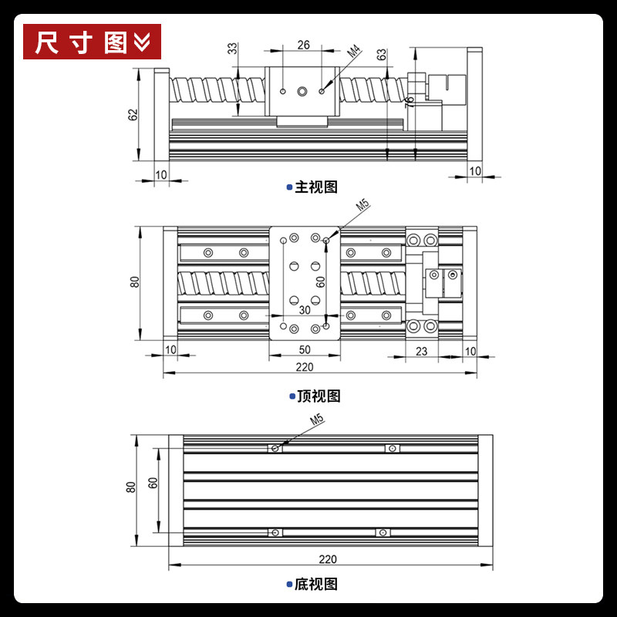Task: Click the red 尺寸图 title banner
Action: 92,42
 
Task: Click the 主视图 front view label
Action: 316,187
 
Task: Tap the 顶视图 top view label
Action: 319,396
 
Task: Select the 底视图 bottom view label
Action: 316,585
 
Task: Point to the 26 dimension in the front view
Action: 303,45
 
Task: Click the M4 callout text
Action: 353,52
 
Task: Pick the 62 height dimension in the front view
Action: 133,114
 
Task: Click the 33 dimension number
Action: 233,49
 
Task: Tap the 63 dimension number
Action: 381,54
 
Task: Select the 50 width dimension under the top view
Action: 305,349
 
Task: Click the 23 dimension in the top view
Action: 421,351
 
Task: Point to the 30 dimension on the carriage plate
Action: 305,310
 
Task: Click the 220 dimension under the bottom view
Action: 327,558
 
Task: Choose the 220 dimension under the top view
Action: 305,367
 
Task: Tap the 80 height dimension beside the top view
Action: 134,282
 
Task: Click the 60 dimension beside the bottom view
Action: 153,483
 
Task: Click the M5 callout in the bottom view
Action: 317,420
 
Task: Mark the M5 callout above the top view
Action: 362,205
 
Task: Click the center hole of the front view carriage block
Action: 302,92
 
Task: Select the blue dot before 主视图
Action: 289,187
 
